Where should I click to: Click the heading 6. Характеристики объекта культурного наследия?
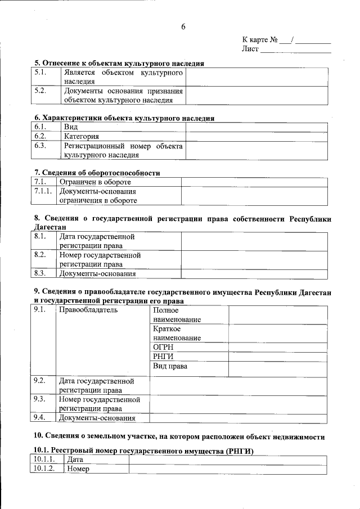pyautogui.click(x=124, y=118)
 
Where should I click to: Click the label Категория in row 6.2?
pyautogui.click(x=82, y=136)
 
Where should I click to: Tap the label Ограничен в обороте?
pyautogui.click(x=95, y=182)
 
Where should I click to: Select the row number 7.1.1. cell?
pyautogui.click(x=43, y=196)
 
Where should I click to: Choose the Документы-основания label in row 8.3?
pyautogui.click(x=97, y=274)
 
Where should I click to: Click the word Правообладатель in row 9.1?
pyautogui.click(x=88, y=310)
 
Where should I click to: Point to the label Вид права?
pyautogui.click(x=170, y=366)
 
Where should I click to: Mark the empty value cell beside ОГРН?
pyautogui.click(x=277, y=347)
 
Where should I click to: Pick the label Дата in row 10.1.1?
pyautogui.click(x=75, y=460)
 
